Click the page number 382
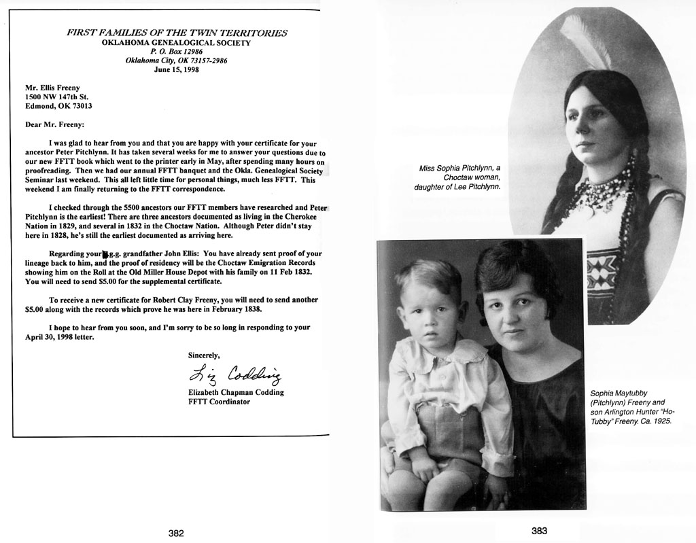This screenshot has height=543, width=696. pyautogui.click(x=176, y=533)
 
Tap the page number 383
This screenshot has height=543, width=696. pyautogui.click(x=539, y=531)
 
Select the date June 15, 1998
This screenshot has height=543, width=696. pyautogui.click(x=176, y=69)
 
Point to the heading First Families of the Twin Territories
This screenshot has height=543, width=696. pyautogui.click(x=176, y=33)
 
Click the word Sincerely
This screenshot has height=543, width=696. pyautogui.click(x=204, y=355)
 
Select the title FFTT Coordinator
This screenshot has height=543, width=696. pyautogui.click(x=219, y=402)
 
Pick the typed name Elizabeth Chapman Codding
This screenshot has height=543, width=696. pyautogui.click(x=236, y=393)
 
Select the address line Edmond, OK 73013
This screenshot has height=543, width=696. pyautogui.click(x=58, y=106)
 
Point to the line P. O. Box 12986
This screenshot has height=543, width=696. pyautogui.click(x=176, y=51)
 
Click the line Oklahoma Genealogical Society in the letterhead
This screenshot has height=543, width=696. pyautogui.click(x=176, y=42)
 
